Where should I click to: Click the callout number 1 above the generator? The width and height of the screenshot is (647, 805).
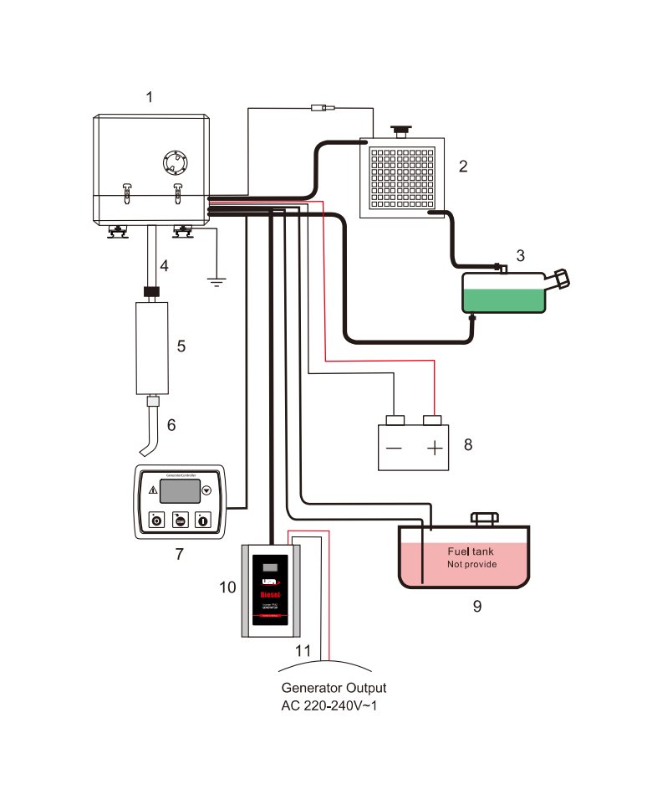[149, 97]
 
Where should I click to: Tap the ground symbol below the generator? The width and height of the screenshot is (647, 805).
[217, 281]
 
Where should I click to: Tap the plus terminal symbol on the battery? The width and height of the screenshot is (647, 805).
[434, 448]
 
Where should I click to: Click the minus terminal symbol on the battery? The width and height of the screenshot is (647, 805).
[394, 448]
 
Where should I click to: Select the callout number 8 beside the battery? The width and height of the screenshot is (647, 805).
[468, 444]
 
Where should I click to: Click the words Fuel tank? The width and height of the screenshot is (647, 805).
[471, 551]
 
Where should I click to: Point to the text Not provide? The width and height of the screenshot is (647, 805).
[471, 565]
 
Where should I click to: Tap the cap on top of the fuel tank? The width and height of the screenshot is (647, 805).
[485, 519]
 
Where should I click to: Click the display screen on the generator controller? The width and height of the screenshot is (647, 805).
[178, 490]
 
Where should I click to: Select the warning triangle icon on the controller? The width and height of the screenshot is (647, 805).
[153, 490]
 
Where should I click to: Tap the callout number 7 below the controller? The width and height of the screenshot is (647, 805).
[179, 553]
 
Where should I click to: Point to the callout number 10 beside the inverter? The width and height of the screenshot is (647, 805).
[227, 587]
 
